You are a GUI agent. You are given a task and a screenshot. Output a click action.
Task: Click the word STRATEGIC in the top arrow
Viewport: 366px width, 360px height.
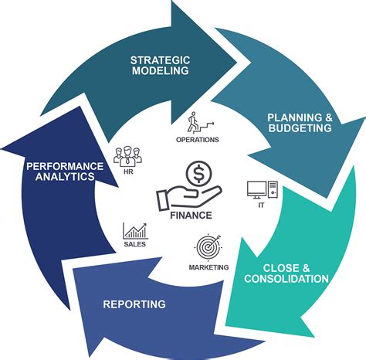coord(159,59)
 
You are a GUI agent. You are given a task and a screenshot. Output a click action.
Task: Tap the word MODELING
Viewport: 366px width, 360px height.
coord(159,71)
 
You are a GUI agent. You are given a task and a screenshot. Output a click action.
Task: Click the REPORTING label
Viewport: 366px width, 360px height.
coord(134,304)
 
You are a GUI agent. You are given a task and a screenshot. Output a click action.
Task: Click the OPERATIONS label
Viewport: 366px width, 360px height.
coord(198,140)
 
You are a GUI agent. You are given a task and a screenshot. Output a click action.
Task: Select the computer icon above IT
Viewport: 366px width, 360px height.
coord(257,189)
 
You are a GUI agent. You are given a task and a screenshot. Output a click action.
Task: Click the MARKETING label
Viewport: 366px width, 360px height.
coord(208,267)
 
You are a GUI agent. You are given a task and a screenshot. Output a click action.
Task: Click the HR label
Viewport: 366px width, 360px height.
coord(128,172)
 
